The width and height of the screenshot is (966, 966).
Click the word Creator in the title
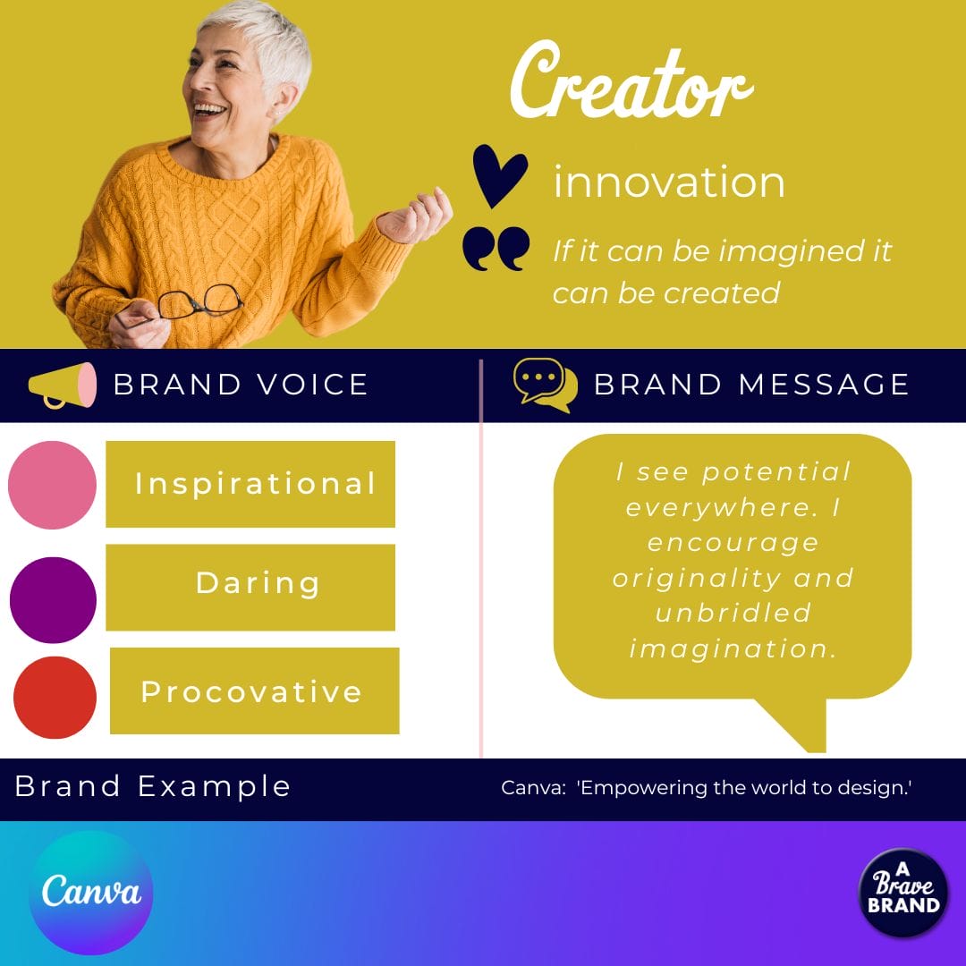coord(631,85)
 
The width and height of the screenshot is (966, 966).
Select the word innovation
coord(669,182)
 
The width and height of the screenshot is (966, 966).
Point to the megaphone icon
coord(62,385)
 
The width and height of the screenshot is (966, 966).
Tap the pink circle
coord(53,485)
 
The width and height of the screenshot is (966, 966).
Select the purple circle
coord(53,599)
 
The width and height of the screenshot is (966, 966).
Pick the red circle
coord(55,698)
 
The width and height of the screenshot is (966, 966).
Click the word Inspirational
coord(255,484)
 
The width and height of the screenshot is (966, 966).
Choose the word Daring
coord(258,583)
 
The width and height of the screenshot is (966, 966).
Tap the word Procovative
coord(251,691)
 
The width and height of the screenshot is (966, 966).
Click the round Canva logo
coord(90,893)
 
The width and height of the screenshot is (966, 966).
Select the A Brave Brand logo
coord(903,892)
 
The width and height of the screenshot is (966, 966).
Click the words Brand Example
coord(153,786)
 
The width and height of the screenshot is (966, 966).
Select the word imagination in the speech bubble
coord(733,648)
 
